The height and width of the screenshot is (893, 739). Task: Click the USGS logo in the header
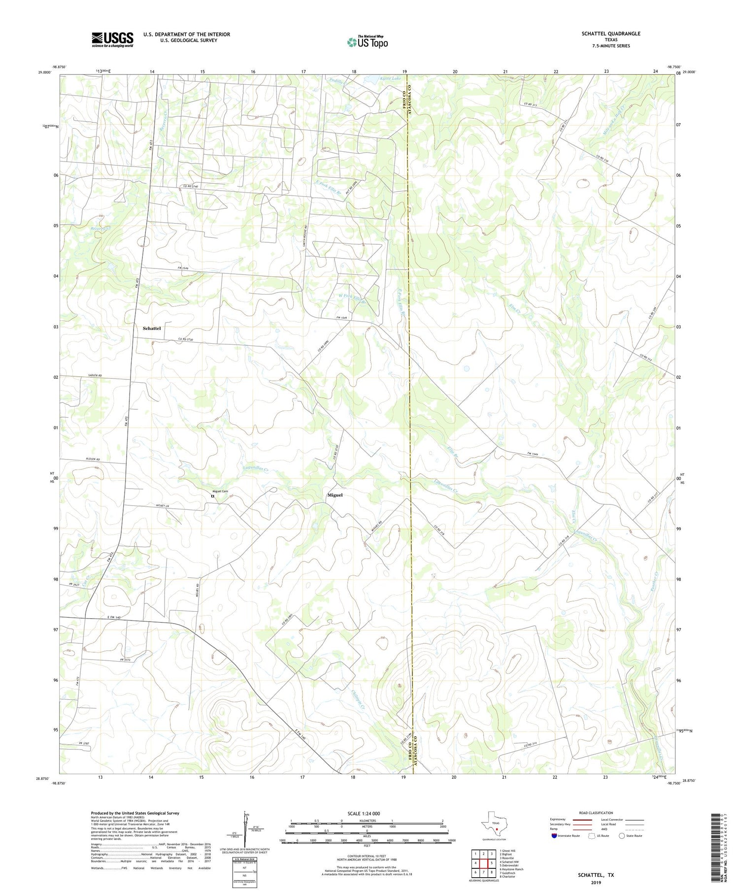pyautogui.click(x=112, y=39)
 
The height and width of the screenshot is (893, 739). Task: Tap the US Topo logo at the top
pyautogui.click(x=367, y=42)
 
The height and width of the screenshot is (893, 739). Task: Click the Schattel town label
pyautogui.click(x=152, y=328)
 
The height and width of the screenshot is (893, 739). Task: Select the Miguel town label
pyautogui.click(x=335, y=495)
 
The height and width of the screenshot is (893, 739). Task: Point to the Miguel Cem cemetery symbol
pyautogui.click(x=213, y=496)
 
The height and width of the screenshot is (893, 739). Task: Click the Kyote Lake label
pyautogui.click(x=390, y=79)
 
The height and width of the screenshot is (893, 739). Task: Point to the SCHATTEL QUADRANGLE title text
pyautogui.click(x=610, y=33)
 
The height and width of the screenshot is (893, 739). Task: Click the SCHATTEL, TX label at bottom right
pyautogui.click(x=596, y=875)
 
